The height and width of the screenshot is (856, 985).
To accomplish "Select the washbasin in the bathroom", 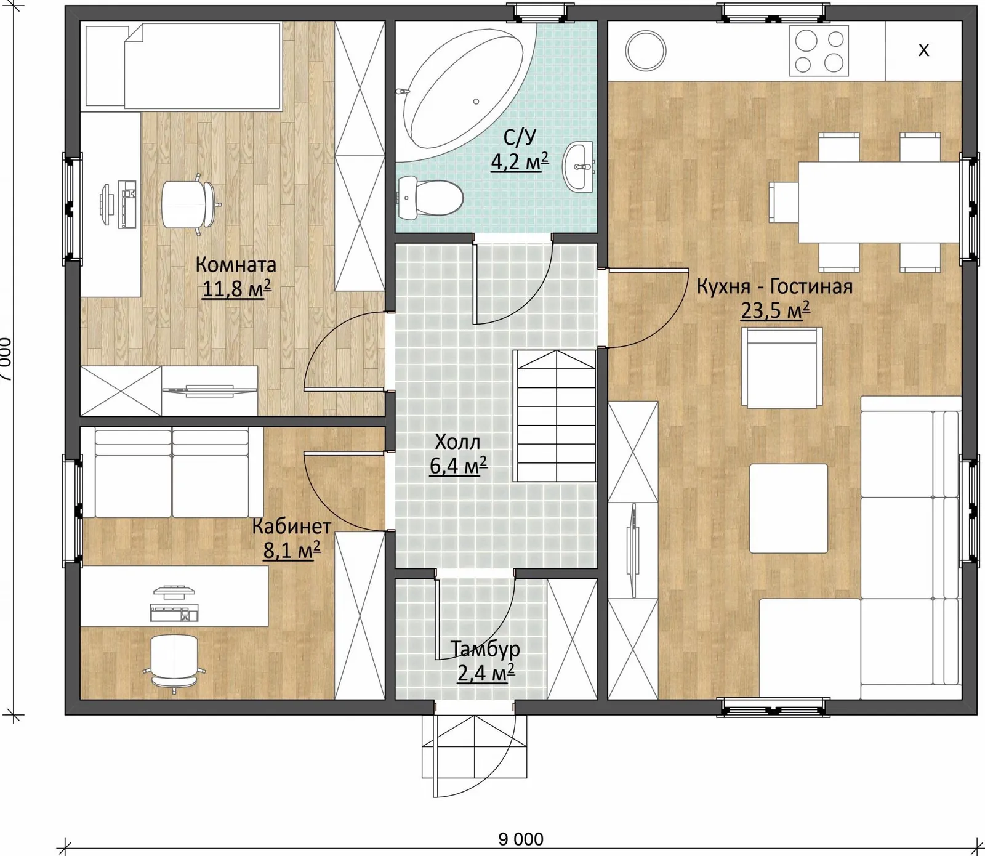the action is [x=579, y=166].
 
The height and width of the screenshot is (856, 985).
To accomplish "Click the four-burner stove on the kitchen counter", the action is [x=819, y=50].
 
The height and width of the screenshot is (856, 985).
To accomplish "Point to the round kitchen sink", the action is [x=646, y=50].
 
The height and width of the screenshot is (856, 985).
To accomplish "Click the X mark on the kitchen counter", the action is [x=923, y=50].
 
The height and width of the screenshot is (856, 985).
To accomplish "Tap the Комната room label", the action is [x=236, y=265].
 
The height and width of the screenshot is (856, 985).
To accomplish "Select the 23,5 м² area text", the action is [x=775, y=310].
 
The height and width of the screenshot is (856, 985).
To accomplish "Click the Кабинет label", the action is [x=292, y=527].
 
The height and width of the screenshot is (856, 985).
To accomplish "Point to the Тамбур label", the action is [x=485, y=649].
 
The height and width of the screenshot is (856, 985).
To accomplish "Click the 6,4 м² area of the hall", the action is [x=458, y=466].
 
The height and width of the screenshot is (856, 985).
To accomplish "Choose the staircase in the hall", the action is [x=555, y=416].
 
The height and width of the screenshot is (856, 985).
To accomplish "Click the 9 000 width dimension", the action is [x=521, y=839].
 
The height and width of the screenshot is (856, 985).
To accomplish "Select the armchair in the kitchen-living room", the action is [x=782, y=368].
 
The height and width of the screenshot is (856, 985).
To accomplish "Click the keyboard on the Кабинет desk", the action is [x=174, y=613].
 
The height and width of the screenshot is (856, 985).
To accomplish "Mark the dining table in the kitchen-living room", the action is [x=879, y=202].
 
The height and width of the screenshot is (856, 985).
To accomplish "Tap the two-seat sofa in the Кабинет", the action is [x=172, y=472].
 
